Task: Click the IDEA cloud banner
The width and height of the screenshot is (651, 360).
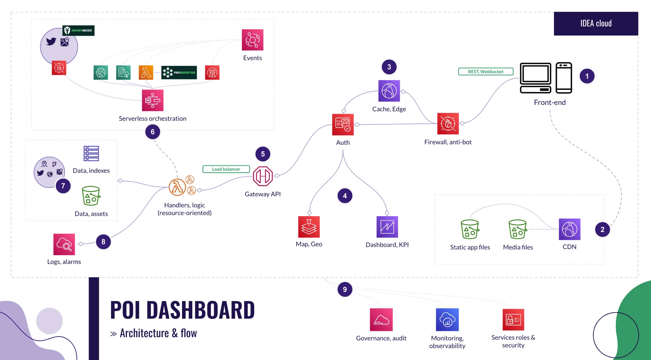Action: [596, 23]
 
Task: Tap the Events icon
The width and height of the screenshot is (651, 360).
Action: [252, 40]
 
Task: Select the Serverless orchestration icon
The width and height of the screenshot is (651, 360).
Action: [152, 100]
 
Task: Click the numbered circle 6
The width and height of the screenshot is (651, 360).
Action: [153, 132]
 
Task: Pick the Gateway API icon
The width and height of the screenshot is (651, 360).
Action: [263, 176]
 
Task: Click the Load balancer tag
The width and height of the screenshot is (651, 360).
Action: [226, 169]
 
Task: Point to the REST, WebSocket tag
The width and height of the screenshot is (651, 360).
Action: [486, 72]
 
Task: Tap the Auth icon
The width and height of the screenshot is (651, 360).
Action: [343, 124]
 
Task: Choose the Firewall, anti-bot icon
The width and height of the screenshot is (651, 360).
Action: [448, 124]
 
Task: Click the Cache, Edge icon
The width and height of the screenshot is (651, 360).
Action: [389, 91]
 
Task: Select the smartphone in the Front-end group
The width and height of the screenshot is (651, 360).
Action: [564, 78]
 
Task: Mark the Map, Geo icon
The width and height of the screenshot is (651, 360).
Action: [309, 227]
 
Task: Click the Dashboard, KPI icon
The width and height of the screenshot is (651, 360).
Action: [387, 227]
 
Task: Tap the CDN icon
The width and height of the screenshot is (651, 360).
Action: [569, 229]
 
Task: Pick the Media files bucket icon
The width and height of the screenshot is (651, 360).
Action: [518, 229]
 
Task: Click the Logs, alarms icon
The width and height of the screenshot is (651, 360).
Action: [64, 244]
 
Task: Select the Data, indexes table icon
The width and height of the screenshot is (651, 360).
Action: [91, 153]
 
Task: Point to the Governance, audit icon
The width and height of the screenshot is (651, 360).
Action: [381, 320]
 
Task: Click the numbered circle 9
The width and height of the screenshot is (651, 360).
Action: [345, 289]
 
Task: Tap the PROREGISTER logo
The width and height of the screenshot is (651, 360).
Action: [179, 73]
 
